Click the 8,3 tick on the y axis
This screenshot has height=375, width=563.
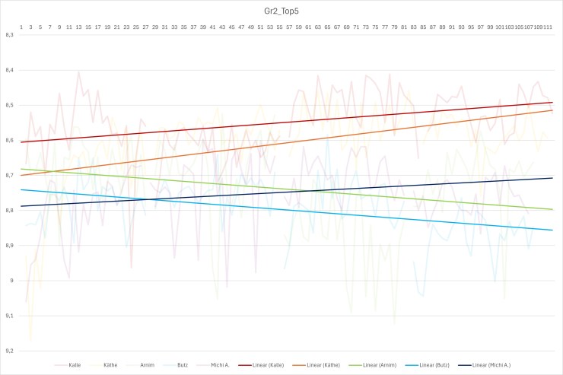pos(9,35)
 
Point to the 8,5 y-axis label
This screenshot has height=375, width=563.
pos(9,105)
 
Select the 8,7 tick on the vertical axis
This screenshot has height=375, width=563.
pos(9,176)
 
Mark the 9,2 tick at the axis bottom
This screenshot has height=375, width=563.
pos(9,351)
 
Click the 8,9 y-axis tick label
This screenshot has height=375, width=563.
pos(9,246)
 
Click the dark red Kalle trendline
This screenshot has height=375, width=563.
pos(281,122)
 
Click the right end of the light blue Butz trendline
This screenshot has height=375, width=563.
pos(552,230)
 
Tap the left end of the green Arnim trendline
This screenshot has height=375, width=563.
pos(23,169)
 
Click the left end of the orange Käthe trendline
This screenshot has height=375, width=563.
pos(23,175)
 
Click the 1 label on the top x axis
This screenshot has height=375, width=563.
pos(21,27)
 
